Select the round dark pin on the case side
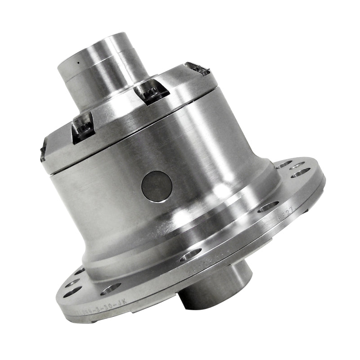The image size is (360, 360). (157, 186)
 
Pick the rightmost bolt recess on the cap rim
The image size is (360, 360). (198, 69)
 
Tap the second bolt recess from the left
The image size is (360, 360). (83, 127)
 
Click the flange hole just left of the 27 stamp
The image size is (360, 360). (268, 206)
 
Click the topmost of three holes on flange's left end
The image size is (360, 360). (79, 271)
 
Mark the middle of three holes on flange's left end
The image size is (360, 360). (73, 283)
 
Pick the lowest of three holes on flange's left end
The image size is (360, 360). (72, 293)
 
